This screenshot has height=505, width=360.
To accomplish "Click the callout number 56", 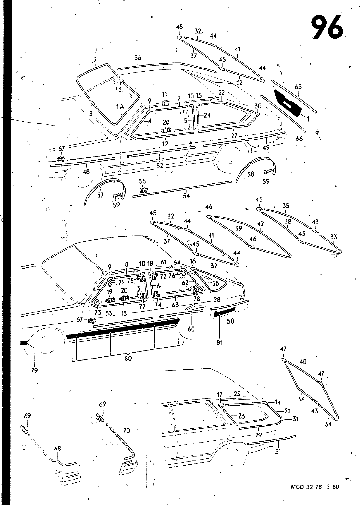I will click(138, 58).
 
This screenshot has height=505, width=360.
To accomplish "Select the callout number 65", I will click(298, 87).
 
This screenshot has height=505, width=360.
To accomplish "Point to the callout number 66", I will click(299, 138).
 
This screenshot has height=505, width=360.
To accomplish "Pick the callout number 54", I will click(186, 196).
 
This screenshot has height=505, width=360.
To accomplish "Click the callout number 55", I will click(143, 181).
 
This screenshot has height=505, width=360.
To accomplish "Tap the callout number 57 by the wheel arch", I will click(100, 195).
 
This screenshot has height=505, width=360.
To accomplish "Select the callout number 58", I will click(251, 174).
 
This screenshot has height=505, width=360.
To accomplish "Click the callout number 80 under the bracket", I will click(128, 358).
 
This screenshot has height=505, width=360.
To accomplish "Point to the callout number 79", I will click(34, 371).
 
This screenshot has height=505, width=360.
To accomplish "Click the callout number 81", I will click(219, 342).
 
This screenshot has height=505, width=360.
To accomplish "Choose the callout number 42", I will click(261, 223).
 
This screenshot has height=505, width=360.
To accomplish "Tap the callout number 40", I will click(303, 362).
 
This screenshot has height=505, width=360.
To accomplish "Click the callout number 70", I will click(126, 431).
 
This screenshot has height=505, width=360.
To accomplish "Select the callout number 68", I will click(57, 448).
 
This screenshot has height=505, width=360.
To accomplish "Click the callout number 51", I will click(278, 451).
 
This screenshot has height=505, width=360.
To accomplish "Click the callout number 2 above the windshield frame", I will click(95, 60).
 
